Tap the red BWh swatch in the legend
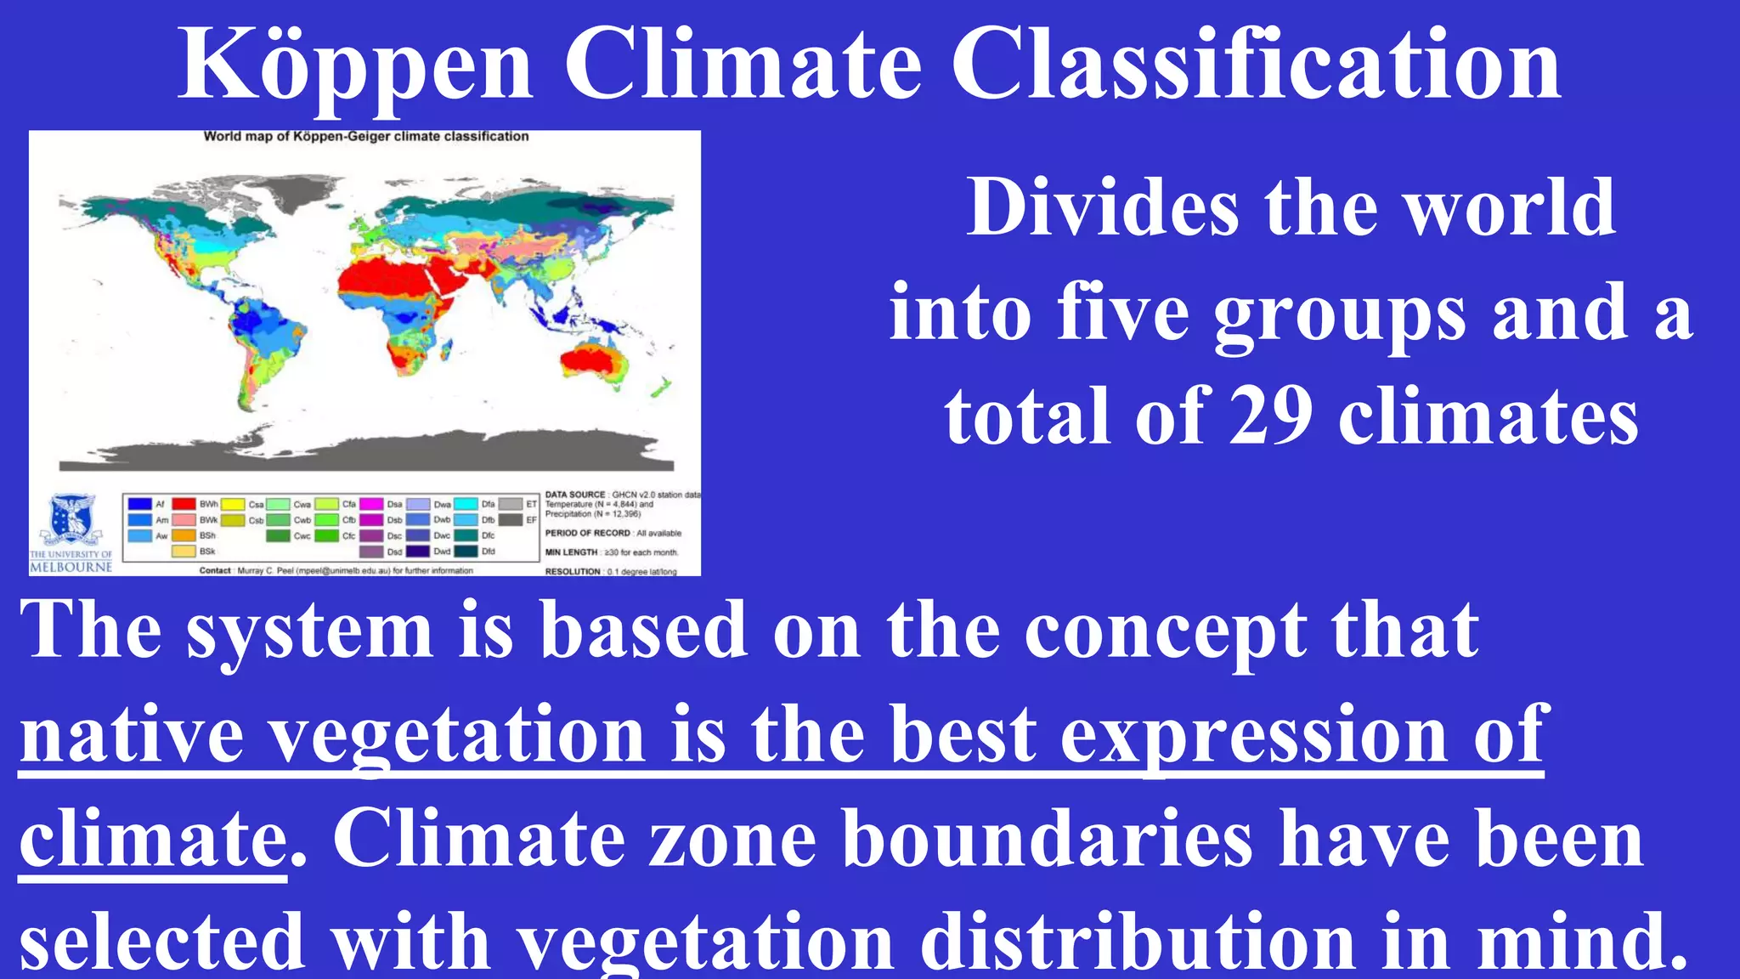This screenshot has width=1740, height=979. [184, 504]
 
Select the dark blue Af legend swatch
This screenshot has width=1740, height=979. [139, 504]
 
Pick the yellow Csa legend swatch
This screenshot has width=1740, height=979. [234, 504]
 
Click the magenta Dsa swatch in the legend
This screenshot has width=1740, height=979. [371, 504]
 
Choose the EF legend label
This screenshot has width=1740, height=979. [531, 520]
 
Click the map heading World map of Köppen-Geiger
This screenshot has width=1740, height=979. [365, 136]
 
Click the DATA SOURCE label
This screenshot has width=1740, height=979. [575, 495]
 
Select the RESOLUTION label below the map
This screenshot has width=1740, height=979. [573, 572]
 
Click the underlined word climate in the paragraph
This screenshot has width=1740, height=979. [153, 840]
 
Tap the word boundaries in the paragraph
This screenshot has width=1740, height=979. [1048, 840]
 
